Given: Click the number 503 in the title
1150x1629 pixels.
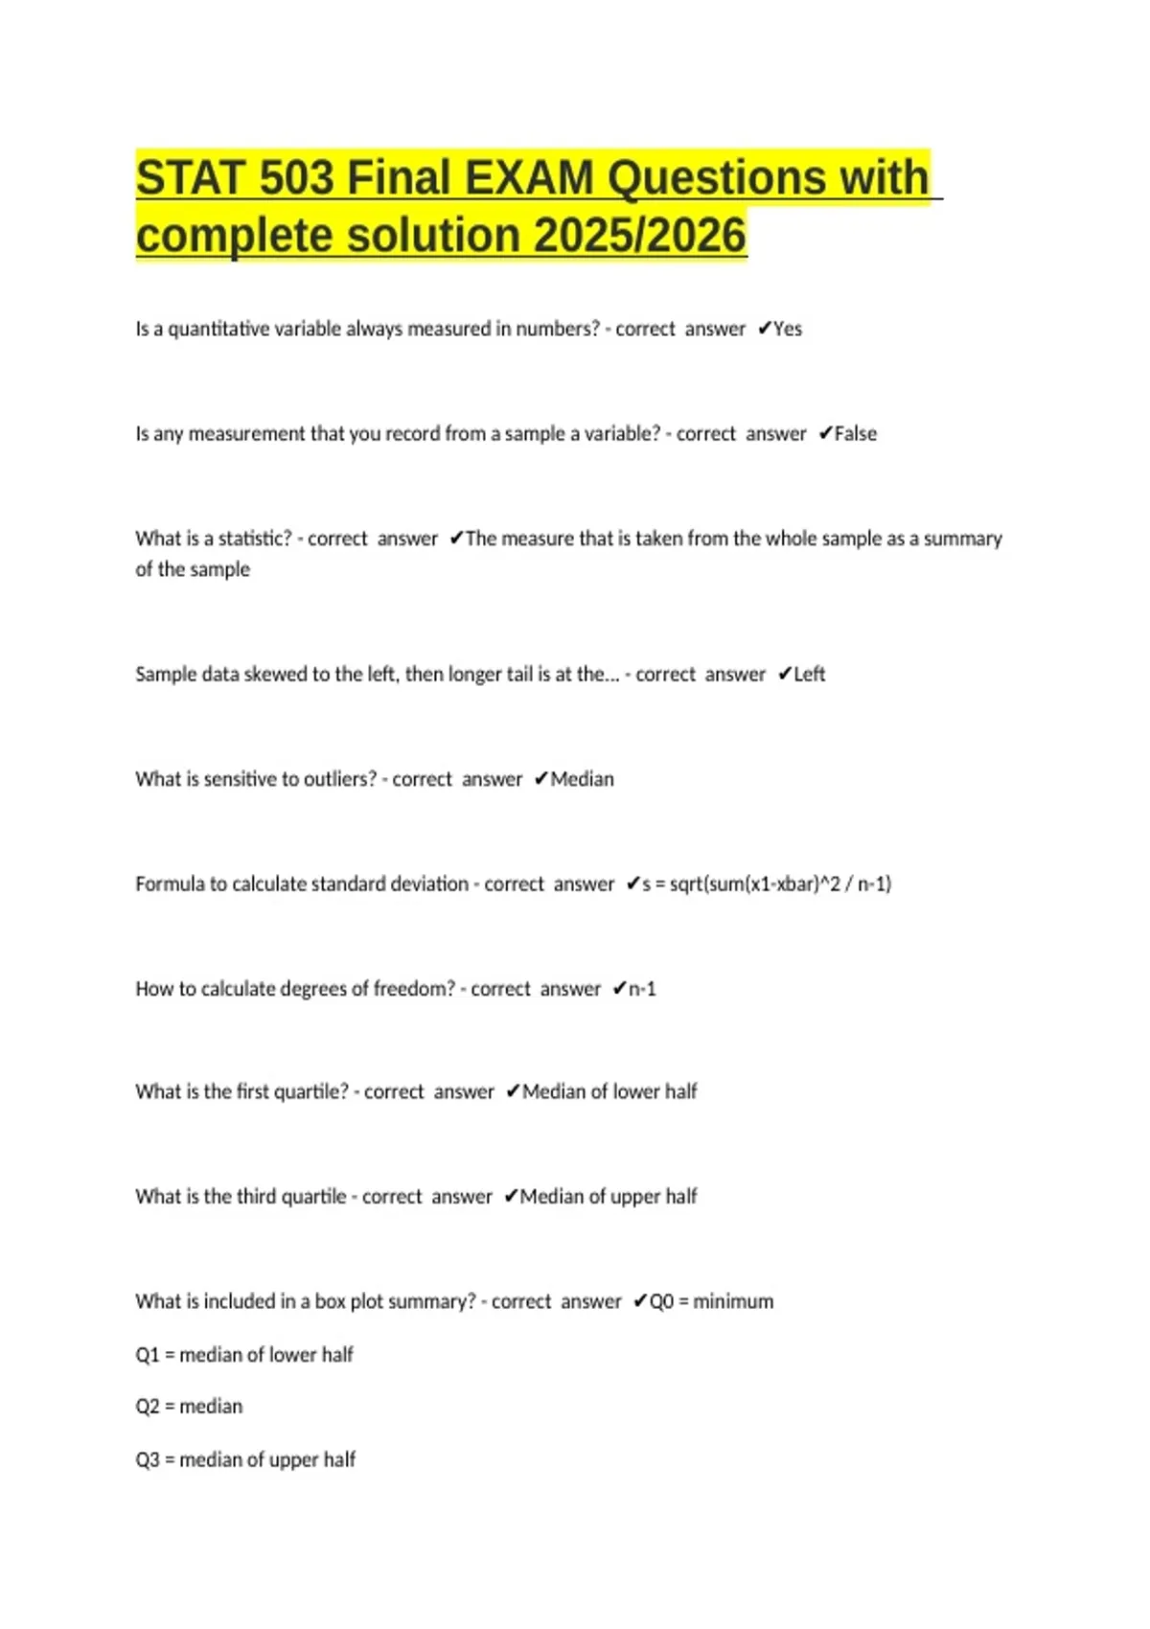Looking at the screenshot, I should click(x=296, y=178).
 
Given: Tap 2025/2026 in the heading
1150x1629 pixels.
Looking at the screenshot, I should click(x=640, y=236).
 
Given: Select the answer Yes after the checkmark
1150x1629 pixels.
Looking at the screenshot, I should click(x=788, y=329).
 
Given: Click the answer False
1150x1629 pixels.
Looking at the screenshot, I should click(x=855, y=434).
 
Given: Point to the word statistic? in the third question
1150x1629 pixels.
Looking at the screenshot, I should click(x=255, y=539).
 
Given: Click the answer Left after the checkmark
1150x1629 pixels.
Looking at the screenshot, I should click(x=809, y=675).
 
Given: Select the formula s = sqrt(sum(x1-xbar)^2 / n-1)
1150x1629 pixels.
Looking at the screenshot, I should click(x=767, y=883).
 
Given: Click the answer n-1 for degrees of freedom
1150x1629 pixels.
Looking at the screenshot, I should click(x=642, y=989).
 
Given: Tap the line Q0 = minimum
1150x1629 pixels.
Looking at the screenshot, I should click(x=711, y=1301).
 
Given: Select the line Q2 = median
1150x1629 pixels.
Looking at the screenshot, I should click(x=189, y=1407).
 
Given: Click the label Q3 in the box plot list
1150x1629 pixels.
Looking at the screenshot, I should click(x=148, y=1459).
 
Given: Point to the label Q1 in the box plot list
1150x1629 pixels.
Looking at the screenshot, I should click(x=148, y=1355).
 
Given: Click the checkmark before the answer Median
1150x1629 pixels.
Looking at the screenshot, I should click(x=540, y=779).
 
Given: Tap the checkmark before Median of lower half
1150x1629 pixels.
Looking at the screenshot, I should click(x=513, y=1091).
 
